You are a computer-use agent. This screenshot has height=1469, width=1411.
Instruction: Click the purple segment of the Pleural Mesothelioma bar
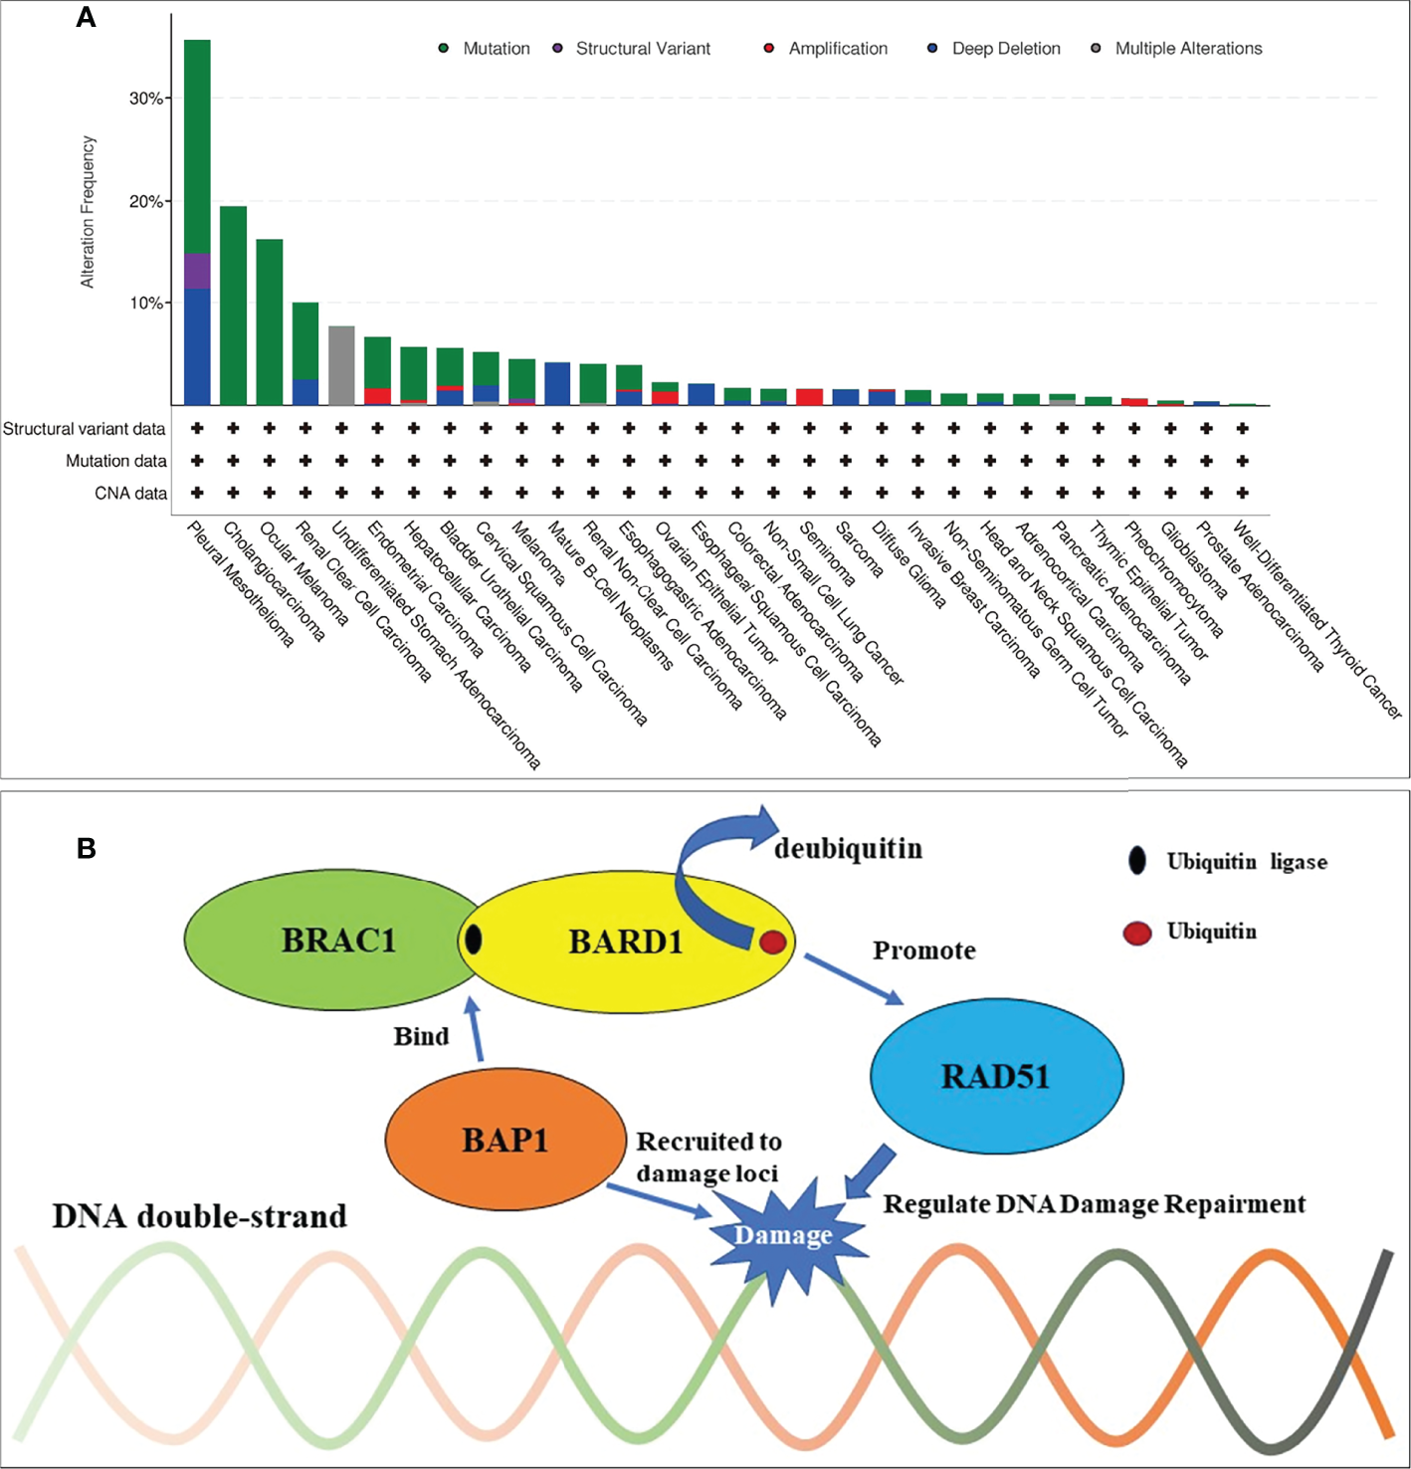point(197,271)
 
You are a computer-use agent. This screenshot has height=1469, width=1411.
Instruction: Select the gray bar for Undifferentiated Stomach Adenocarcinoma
point(341,365)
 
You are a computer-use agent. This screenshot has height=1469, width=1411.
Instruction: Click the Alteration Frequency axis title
point(88,212)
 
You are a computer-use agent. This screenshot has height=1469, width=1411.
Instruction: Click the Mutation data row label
point(115,461)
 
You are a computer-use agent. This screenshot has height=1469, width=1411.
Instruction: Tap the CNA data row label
point(130,494)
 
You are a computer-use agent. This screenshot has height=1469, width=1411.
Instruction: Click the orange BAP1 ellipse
point(505,1140)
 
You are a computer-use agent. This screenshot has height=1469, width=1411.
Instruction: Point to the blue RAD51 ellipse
point(996,1076)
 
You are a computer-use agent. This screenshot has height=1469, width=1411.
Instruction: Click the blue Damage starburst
point(783,1234)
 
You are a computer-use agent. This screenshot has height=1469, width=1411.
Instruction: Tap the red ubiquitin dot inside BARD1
point(773,942)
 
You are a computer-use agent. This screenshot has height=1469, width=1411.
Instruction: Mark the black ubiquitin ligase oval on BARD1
point(474,939)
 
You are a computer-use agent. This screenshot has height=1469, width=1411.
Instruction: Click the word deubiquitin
point(848,848)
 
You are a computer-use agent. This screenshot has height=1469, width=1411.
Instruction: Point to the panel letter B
point(87,849)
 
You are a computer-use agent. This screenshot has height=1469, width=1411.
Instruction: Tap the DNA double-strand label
point(199,1216)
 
